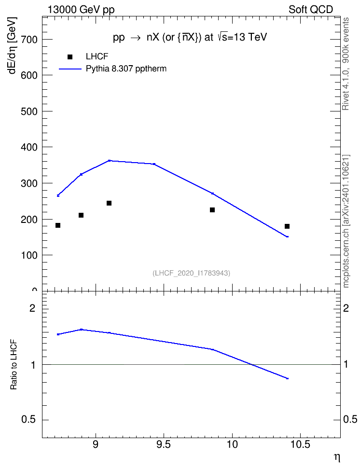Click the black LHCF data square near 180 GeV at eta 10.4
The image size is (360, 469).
287,226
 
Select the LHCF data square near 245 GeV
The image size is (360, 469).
109,204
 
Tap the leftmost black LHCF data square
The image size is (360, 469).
58,225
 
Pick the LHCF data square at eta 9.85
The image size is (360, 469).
212,210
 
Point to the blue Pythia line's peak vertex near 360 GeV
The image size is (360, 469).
109,161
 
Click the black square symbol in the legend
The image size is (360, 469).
70,57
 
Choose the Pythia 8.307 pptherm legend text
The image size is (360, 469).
126,69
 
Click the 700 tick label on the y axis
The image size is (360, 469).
29,40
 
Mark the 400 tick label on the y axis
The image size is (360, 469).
29,147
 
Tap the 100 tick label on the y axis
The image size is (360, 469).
29,255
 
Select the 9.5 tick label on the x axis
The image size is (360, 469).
164,444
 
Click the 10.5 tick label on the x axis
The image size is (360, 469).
300,444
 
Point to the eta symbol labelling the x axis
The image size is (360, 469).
337,457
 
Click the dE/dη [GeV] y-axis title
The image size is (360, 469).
12,45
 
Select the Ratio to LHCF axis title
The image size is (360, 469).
14,365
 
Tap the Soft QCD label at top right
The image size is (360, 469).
311,10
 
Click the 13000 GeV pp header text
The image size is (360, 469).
81,10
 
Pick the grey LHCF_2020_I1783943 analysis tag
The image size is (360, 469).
192,273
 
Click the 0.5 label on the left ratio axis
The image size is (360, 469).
29,420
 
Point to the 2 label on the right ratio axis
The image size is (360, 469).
346,308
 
